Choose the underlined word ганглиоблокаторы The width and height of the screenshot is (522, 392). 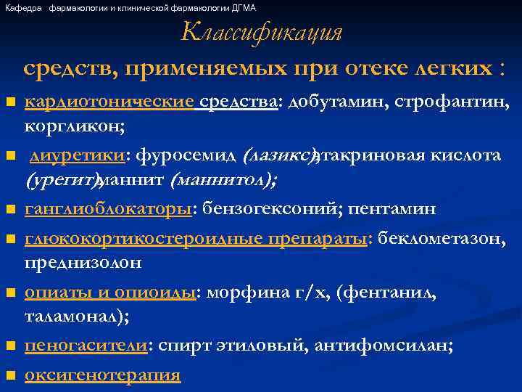coord(108,209)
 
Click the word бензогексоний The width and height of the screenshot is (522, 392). coord(273,209)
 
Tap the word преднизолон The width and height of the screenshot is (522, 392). coord(83,261)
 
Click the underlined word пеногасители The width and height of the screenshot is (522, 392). coord(86,346)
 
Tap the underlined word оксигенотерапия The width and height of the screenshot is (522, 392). coord(102,375)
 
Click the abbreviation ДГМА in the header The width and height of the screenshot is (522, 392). coord(243,7)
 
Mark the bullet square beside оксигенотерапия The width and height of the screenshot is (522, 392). coord(9,376)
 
